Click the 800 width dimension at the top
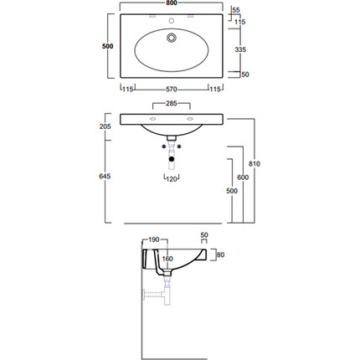172,3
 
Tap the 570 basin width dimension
172,90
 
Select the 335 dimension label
240,49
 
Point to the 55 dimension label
236,10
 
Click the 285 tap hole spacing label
172,104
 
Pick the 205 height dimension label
105,126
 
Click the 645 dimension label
105,176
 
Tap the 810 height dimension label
255,164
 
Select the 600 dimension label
243,177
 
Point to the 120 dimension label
172,179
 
